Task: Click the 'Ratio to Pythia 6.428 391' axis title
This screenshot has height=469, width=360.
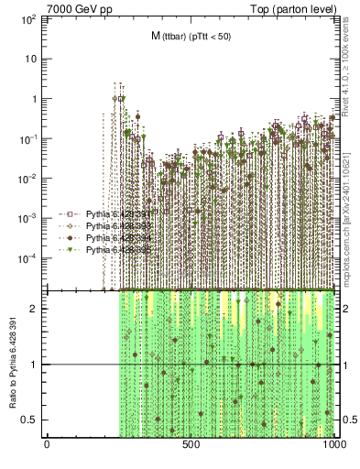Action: pos(13,365)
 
